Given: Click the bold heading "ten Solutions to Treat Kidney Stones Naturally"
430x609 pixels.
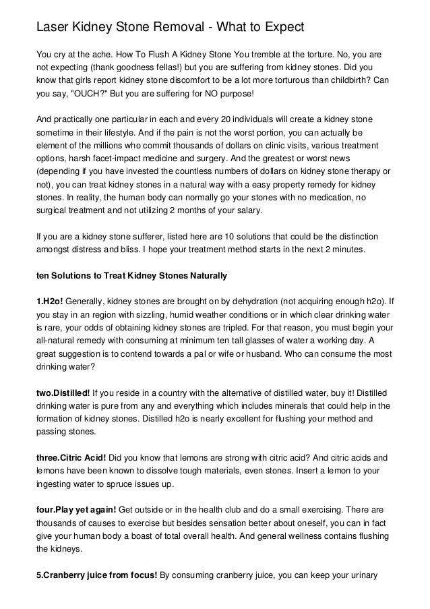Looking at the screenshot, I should click(131, 275).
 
